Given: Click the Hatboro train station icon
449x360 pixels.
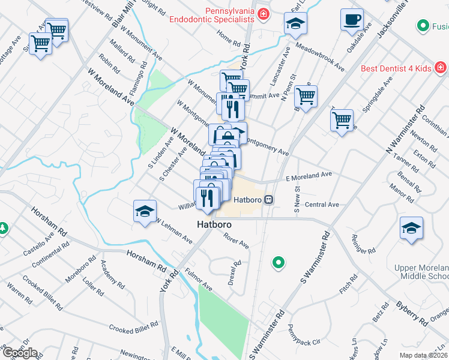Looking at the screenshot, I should tap(270, 200).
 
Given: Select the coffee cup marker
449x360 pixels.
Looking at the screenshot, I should tap(352, 20).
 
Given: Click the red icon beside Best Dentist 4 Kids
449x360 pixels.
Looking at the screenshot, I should tap(440, 67).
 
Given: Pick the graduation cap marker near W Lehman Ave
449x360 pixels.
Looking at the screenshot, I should tap(145, 211).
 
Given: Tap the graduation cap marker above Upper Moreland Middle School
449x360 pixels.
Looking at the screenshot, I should tap(411, 229).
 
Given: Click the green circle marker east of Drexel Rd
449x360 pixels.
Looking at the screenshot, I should tap(277, 262).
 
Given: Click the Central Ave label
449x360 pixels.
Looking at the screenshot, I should tap(322, 205).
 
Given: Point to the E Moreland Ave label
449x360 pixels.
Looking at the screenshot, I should tap(309, 176).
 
